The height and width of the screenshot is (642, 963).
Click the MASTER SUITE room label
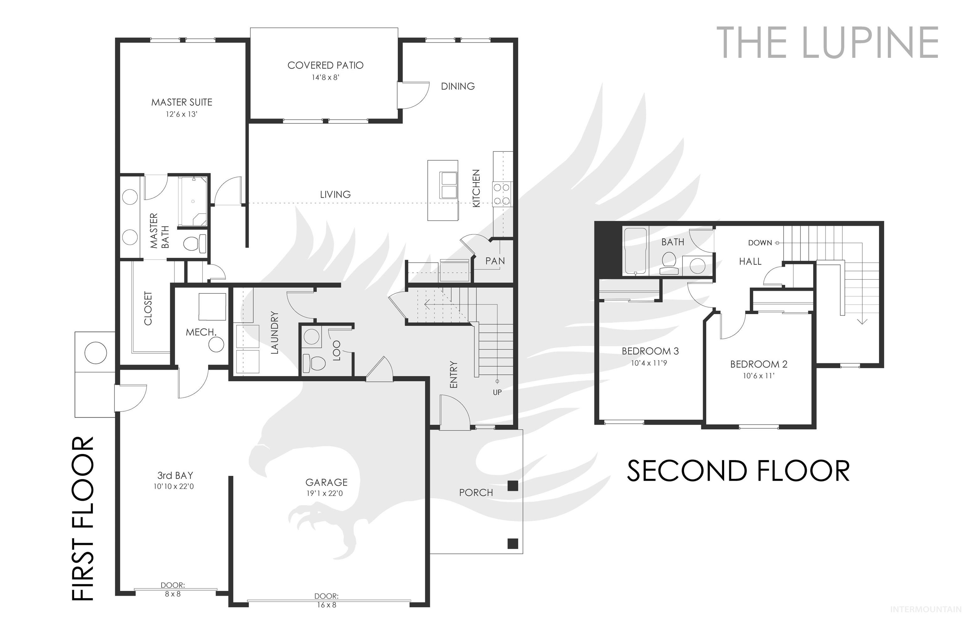[182, 103]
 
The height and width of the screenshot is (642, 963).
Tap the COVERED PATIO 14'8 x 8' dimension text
[325, 77]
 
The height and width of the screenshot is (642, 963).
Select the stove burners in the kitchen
[502, 194]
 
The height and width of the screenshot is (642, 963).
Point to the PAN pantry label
[495, 261]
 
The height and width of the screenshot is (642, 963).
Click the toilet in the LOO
[314, 362]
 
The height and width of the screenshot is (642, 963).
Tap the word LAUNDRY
[274, 333]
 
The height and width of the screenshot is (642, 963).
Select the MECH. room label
[201, 332]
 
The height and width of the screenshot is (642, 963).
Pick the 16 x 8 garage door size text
[326, 605]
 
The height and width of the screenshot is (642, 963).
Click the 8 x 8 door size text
[173, 594]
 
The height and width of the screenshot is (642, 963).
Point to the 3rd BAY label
[175, 475]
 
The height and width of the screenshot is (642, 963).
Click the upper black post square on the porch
[513, 486]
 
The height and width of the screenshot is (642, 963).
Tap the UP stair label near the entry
[497, 392]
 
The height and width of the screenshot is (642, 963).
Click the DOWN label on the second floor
[760, 243]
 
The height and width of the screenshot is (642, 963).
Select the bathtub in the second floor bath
[635, 251]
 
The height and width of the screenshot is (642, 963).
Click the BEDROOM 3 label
[650, 351]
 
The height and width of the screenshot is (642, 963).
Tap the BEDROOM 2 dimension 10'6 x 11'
[759, 376]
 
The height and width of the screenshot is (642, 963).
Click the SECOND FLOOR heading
[738, 471]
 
